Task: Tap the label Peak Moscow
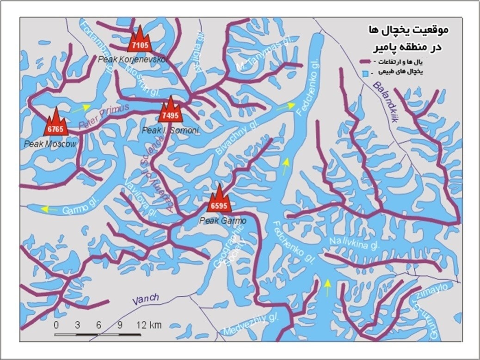[50, 144]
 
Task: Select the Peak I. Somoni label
[170, 131]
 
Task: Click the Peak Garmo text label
[222, 221]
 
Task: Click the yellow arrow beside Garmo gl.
[48, 209]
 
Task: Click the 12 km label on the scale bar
[149, 325]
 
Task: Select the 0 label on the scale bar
[56, 325]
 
